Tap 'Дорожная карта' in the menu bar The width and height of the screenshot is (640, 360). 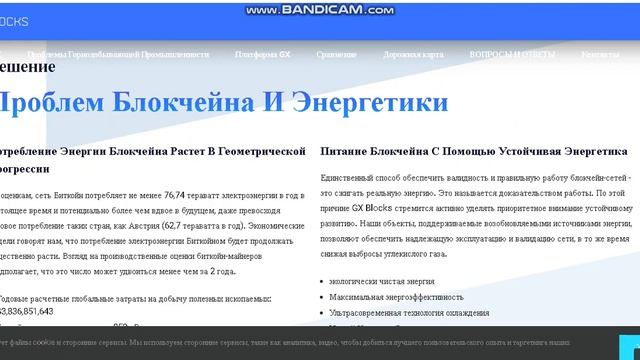[435, 53]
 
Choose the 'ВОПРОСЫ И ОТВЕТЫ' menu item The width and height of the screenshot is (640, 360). [520, 53]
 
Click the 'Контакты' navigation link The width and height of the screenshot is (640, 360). [599, 53]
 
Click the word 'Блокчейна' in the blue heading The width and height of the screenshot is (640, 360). [160, 102]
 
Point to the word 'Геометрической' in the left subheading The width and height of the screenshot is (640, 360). [259, 150]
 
